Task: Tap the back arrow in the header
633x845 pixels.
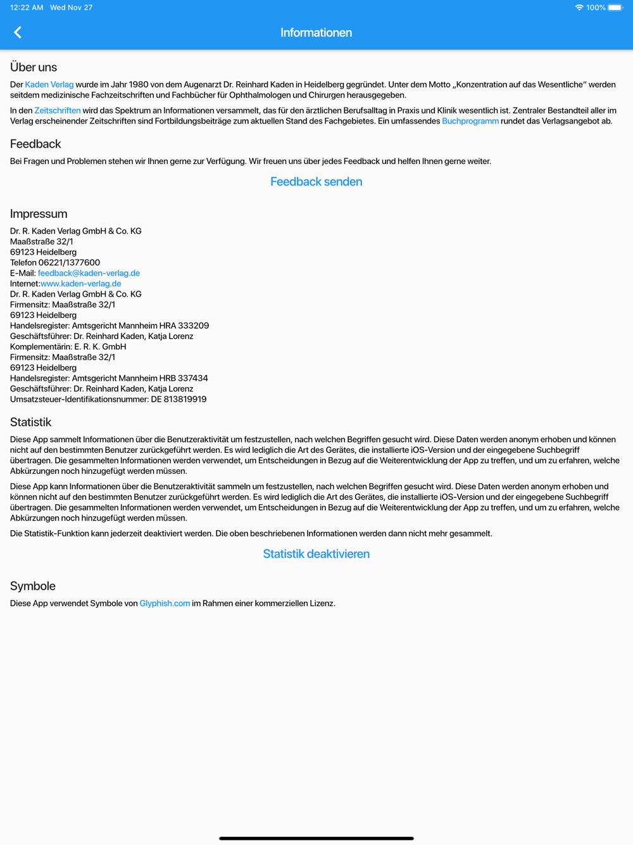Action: pyautogui.click(x=18, y=32)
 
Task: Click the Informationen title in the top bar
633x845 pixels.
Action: pyautogui.click(x=316, y=32)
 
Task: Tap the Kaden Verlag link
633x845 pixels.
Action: pyautogui.click(x=49, y=84)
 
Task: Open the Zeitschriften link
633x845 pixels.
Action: pyautogui.click(x=57, y=110)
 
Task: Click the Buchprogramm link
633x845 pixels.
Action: pyautogui.click(x=470, y=121)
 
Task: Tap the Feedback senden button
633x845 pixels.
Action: pyautogui.click(x=316, y=182)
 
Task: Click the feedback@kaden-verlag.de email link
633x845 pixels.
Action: pyautogui.click(x=89, y=273)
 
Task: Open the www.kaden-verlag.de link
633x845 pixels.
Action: pyautogui.click(x=80, y=284)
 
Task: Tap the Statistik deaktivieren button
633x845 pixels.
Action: pyautogui.click(x=316, y=554)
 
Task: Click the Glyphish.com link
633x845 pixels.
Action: pyautogui.click(x=165, y=603)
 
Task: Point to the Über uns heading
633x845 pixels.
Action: pyautogui.click(x=34, y=67)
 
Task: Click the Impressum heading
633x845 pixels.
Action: pyautogui.click(x=39, y=213)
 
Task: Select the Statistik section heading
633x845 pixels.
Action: pyautogui.click(x=30, y=422)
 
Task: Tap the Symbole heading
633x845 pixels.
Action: pyautogui.click(x=33, y=586)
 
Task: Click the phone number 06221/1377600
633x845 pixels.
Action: pyautogui.click(x=69, y=262)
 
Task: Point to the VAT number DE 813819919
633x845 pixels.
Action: pyautogui.click(x=179, y=399)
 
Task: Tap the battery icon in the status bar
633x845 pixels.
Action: pyautogui.click(x=615, y=8)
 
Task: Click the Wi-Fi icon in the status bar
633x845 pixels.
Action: pyautogui.click(x=579, y=8)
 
